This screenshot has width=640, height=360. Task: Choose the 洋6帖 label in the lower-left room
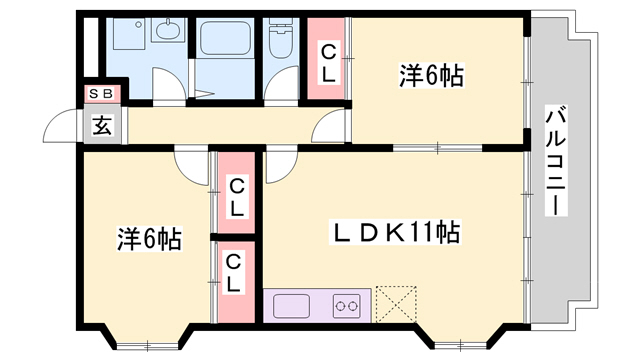[149, 240]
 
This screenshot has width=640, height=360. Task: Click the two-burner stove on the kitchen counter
[346, 304]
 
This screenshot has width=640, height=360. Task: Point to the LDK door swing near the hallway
[278, 163]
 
